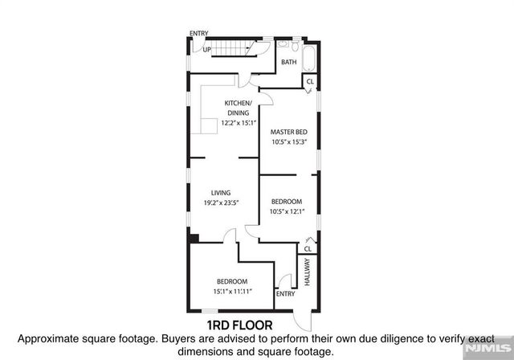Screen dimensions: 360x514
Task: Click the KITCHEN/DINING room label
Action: (239, 108)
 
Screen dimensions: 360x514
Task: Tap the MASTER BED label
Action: (289, 132)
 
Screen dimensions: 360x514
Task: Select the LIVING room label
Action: (221, 193)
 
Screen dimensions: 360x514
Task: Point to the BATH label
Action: (289, 62)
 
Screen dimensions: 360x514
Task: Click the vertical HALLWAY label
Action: (307, 272)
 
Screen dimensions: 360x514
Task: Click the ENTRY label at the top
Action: (199, 34)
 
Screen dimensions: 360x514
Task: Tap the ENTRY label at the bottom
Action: (285, 293)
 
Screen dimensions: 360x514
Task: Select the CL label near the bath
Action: (309, 81)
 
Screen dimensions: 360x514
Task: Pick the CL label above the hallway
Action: (308, 249)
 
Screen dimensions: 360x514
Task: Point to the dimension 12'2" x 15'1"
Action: (239, 123)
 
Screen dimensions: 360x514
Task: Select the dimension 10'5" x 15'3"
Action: (289, 142)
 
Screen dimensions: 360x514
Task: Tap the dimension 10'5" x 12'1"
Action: (287, 211)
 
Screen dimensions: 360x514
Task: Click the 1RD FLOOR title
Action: (240, 325)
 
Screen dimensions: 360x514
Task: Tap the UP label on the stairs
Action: (207, 50)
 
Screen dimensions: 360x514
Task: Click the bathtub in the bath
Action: (309, 61)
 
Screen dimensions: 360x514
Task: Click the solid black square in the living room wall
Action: (193, 237)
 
